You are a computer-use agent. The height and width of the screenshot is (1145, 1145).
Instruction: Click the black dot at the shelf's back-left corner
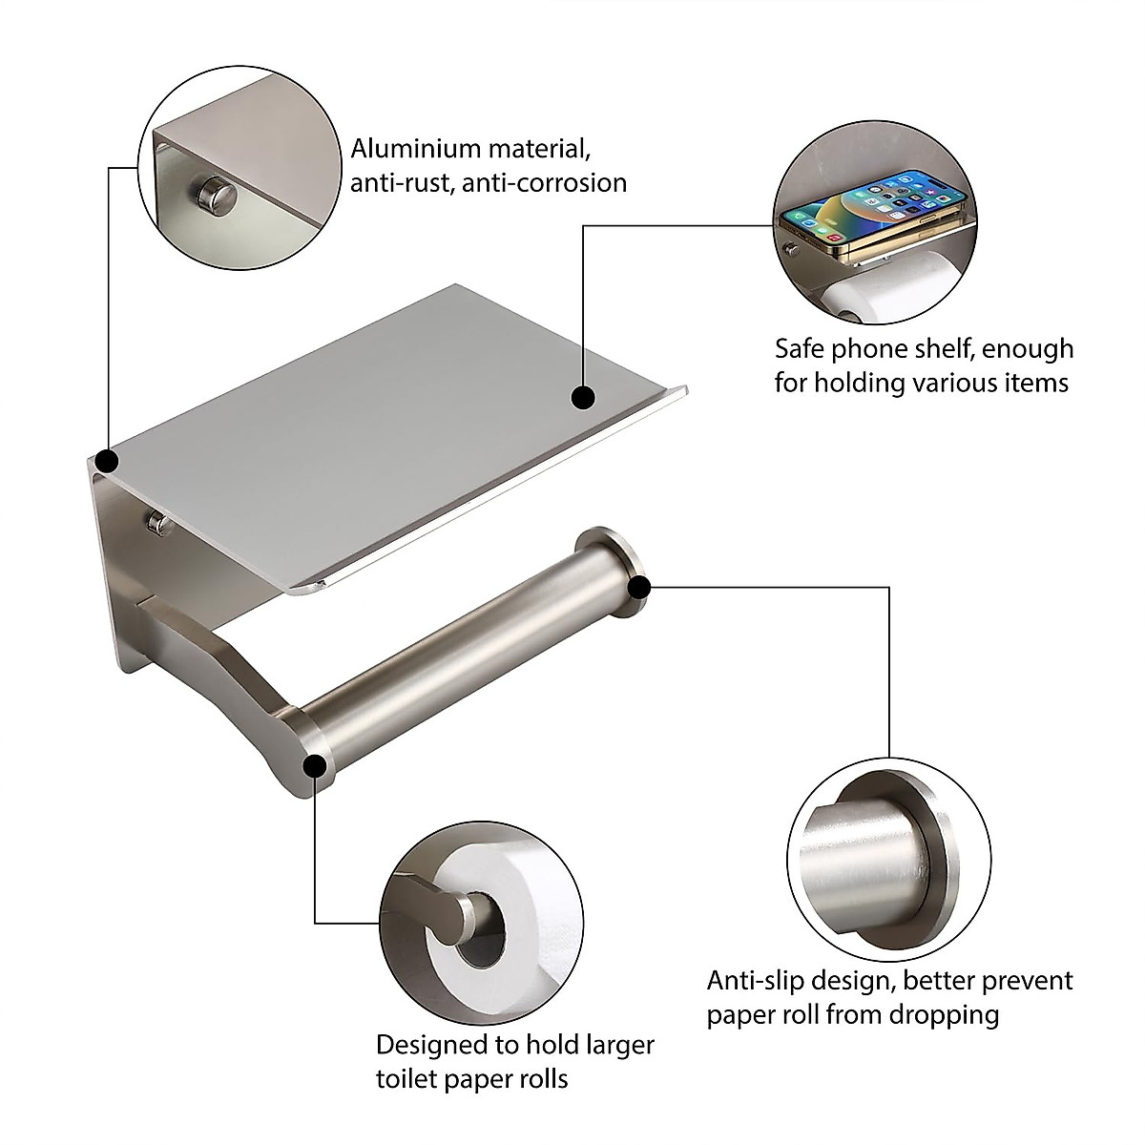(107, 462)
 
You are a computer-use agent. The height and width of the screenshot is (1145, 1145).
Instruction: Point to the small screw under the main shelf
(156, 520)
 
